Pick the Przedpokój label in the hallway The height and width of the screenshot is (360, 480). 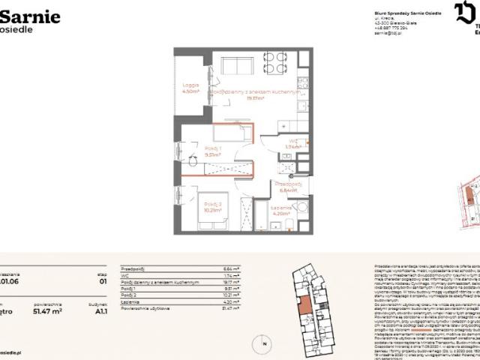287,183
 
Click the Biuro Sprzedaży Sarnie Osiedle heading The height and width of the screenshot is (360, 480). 406,12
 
